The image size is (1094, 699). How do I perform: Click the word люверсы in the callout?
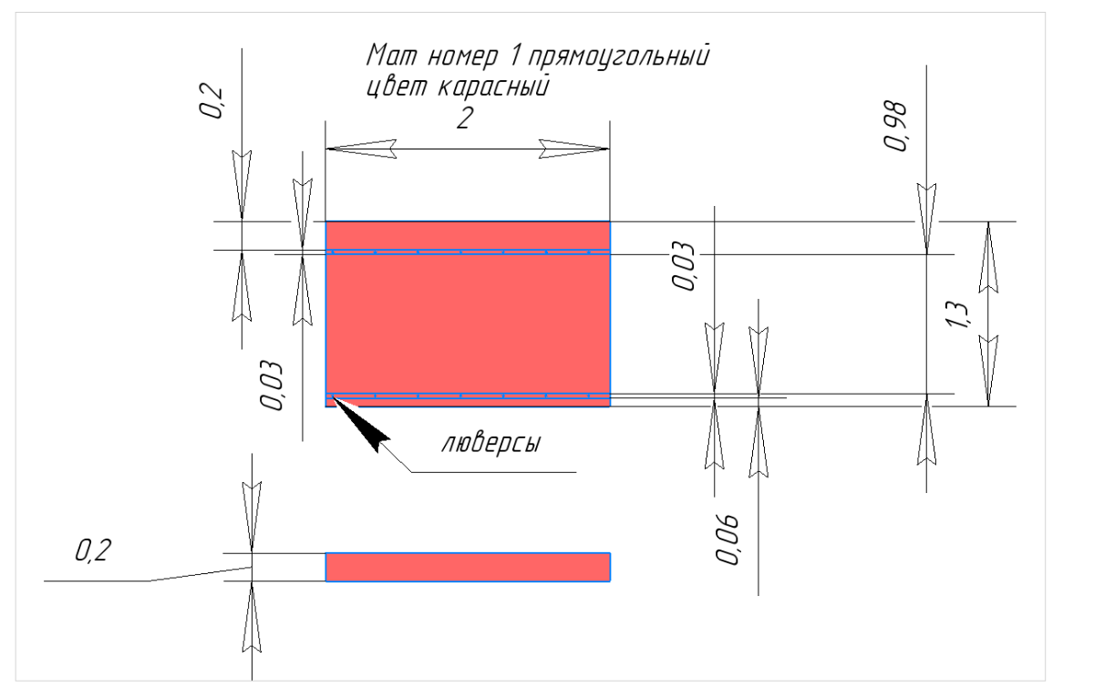(x=491, y=445)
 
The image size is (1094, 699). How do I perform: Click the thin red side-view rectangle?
(x=468, y=567)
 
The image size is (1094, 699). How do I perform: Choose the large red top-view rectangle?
(x=468, y=324)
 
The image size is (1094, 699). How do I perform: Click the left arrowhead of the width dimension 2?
(x=361, y=149)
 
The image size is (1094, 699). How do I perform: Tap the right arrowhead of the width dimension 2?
(x=573, y=149)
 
